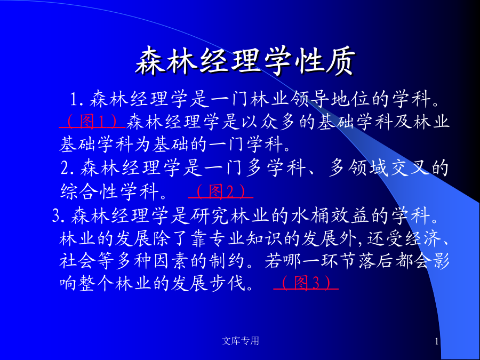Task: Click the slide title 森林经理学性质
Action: tap(245, 61)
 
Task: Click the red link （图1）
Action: tap(92, 121)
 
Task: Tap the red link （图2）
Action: tap(221, 191)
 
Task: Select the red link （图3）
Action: tap(306, 282)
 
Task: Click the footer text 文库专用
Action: tap(241, 340)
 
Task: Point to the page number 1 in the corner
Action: tap(437, 341)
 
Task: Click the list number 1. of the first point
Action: tap(77, 99)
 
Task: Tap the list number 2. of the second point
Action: tap(67, 168)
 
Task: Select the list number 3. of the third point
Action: tap(59, 215)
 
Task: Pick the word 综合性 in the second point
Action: tap(89, 191)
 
